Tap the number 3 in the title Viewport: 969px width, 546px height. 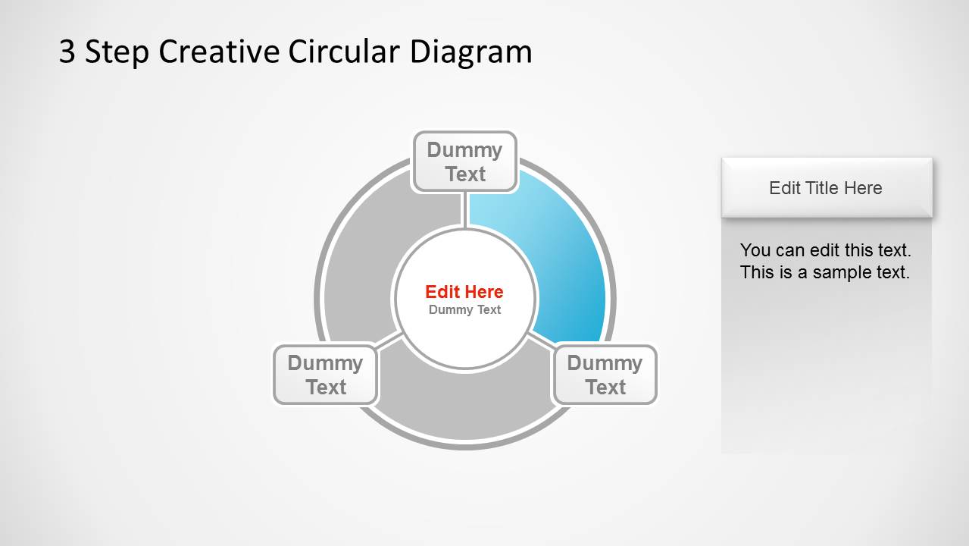coord(67,52)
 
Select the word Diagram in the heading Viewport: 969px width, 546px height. coord(470,52)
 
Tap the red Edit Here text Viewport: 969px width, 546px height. coord(464,292)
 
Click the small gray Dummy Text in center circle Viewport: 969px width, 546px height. coord(464,309)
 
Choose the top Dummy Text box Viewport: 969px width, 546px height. coord(464,162)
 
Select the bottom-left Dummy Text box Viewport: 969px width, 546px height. coord(325,375)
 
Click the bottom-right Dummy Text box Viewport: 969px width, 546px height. coord(605,375)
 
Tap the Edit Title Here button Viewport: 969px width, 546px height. coord(826,188)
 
